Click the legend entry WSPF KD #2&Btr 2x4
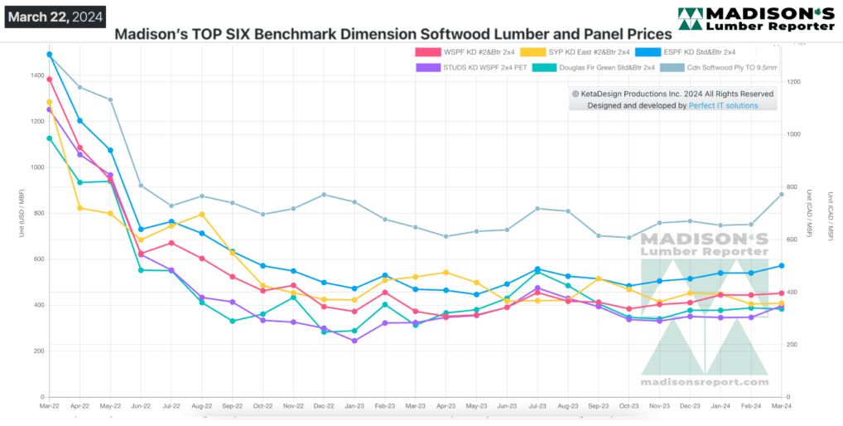coord(468,52)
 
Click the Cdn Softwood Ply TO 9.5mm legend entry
coord(723,67)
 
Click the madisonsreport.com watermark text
coord(705,382)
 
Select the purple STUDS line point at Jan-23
coord(354,341)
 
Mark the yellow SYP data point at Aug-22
coord(201,215)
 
